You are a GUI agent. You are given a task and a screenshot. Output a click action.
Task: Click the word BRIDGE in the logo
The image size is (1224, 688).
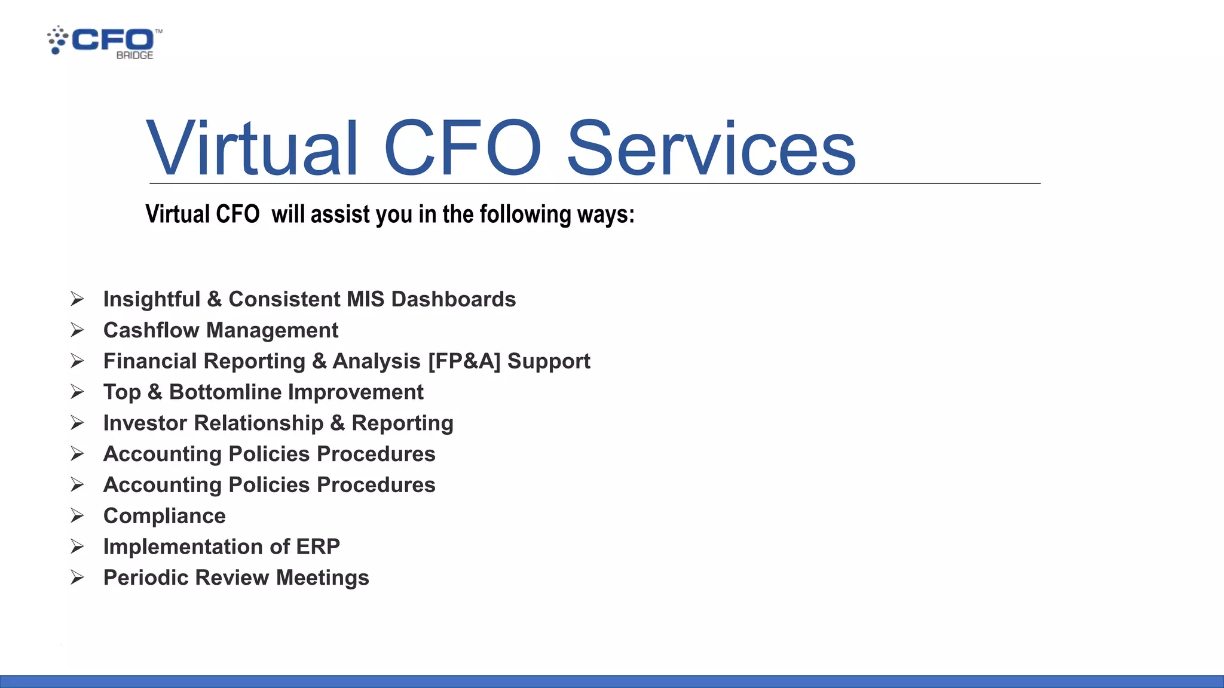[x=134, y=55]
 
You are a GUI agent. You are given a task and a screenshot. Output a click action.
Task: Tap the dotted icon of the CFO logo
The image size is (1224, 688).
[x=57, y=40]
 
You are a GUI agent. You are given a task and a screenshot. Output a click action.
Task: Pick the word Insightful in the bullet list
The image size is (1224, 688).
[x=152, y=299]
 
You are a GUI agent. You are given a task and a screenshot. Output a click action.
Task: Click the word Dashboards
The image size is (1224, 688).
[x=453, y=299]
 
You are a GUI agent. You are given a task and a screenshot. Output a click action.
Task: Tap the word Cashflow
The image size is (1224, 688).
[x=151, y=330]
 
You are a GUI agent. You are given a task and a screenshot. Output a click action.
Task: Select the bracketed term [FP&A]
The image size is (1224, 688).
[x=464, y=361]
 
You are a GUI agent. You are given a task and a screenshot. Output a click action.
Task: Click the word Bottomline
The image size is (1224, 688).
[x=229, y=392]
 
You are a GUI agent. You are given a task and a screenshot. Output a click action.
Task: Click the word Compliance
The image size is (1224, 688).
[x=164, y=516]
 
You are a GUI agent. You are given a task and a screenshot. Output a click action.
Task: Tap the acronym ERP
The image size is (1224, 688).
[x=318, y=547]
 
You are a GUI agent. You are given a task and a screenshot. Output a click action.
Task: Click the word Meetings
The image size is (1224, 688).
[x=323, y=578]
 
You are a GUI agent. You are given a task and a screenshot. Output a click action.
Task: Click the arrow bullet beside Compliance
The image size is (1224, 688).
[x=77, y=515]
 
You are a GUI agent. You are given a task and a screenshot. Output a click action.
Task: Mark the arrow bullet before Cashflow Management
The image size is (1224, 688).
[x=77, y=330]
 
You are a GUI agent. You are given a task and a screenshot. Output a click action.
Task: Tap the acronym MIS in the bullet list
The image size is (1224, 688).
[x=366, y=299]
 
